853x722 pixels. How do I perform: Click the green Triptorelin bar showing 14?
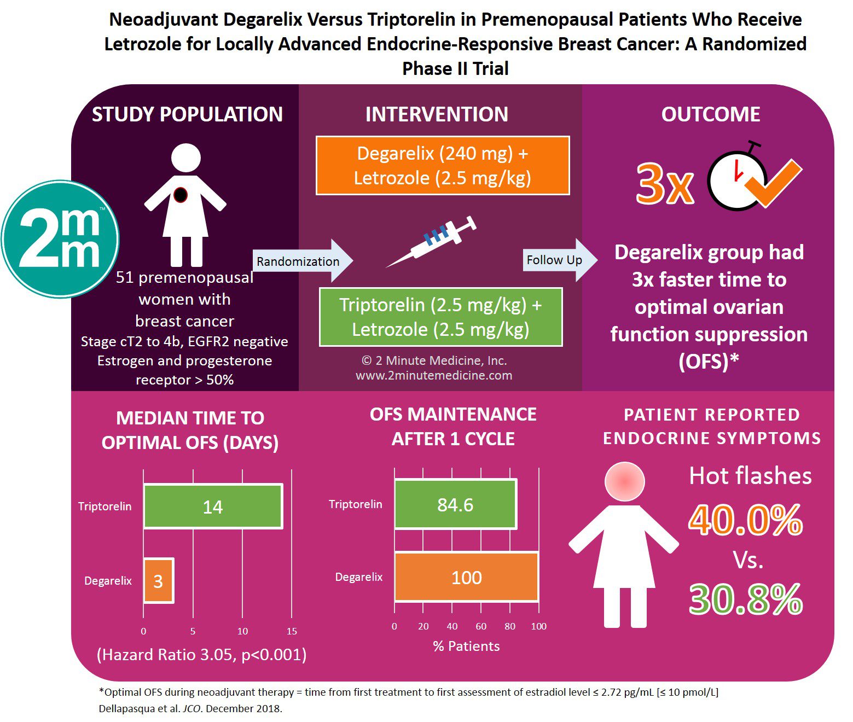(213, 506)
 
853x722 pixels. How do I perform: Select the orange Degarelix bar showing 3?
(159, 580)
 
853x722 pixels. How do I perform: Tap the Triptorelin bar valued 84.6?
(455, 504)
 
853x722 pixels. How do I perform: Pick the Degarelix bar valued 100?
(466, 577)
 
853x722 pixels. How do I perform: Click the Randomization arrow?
(303, 261)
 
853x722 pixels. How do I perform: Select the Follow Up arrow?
(560, 260)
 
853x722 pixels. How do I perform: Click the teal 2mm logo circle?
(60, 238)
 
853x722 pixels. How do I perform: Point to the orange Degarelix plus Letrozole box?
(443, 165)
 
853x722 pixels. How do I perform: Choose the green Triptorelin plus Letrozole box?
(441, 317)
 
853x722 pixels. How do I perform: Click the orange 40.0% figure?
(745, 520)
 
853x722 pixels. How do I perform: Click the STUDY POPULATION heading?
(187, 114)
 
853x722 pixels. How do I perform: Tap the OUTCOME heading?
(711, 114)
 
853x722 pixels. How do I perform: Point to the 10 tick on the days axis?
(242, 631)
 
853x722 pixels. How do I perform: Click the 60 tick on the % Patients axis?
(481, 626)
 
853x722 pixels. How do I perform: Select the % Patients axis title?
(466, 646)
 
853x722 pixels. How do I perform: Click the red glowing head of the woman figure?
(624, 481)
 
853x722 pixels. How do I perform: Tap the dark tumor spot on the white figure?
(181, 195)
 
